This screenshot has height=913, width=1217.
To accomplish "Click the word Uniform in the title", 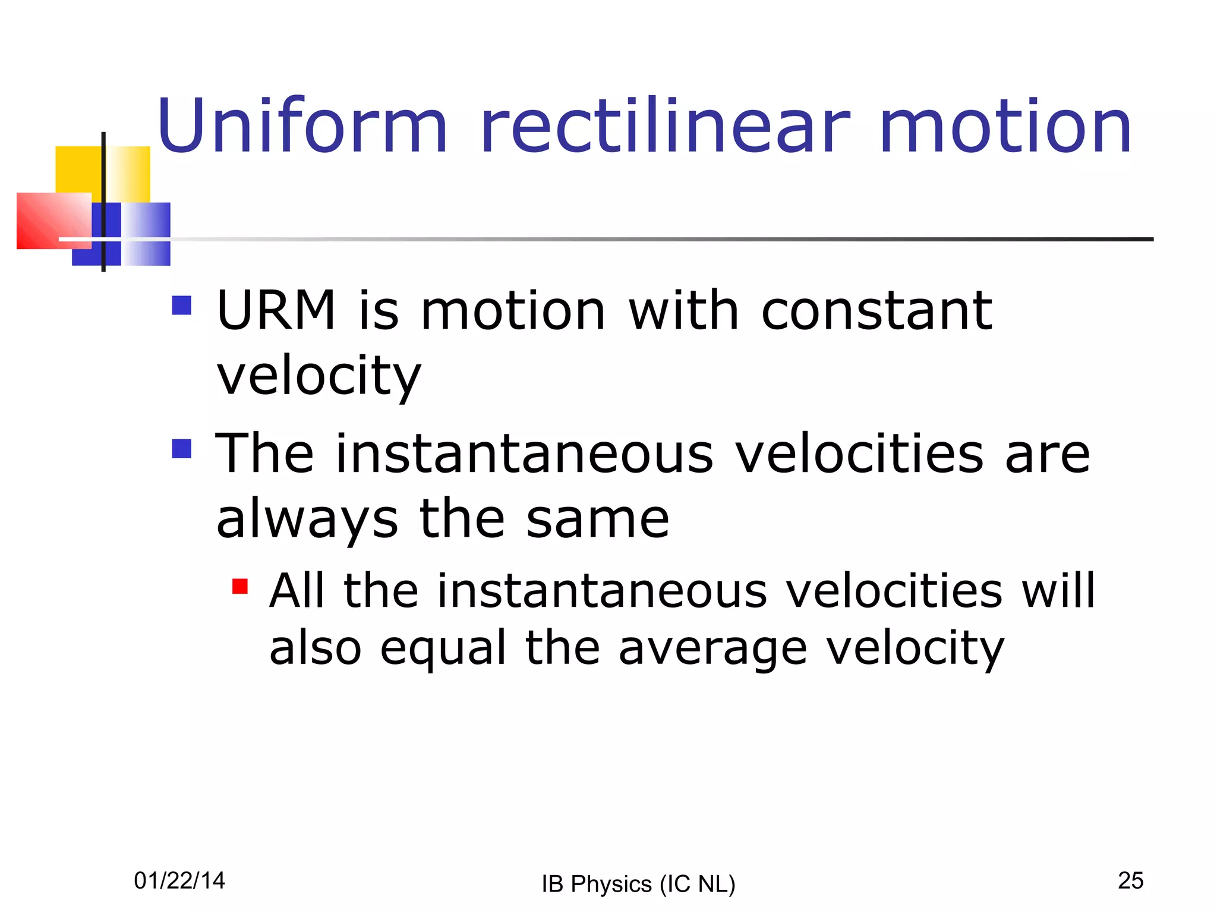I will [x=302, y=126].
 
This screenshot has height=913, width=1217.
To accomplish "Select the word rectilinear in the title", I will [x=665, y=126].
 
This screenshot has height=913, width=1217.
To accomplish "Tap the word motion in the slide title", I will [x=1005, y=126].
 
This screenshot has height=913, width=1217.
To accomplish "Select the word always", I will [x=307, y=519].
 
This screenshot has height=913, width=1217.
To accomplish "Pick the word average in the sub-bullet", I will [x=712, y=648].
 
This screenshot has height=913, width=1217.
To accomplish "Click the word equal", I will [x=443, y=648].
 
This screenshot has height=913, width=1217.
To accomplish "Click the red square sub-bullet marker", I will [x=240, y=587].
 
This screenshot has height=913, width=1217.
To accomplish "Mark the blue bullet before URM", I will [x=182, y=306].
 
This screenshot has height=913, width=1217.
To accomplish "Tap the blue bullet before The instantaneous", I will [x=182, y=449].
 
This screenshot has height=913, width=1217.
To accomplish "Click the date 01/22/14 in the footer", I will [x=179, y=880].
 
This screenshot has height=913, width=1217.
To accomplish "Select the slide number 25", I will [x=1130, y=880].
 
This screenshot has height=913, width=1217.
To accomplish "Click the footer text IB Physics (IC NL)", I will [x=638, y=884].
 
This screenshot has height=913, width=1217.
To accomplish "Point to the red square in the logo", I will [x=51, y=220].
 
